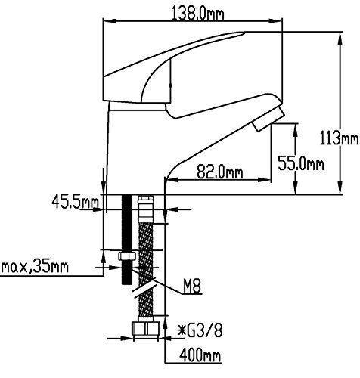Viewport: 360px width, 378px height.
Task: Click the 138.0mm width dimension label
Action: pos(197,13)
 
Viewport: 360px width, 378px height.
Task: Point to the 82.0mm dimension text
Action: pos(220,172)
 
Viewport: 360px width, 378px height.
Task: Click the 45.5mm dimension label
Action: pos(75,202)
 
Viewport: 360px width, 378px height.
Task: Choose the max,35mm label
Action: pos(35,267)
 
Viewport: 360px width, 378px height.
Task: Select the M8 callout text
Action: pos(192,287)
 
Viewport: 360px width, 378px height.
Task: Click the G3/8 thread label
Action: pos(205,331)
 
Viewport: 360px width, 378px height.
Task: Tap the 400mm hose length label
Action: pos(200,355)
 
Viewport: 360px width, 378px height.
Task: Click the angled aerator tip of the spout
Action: pos(268,119)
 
